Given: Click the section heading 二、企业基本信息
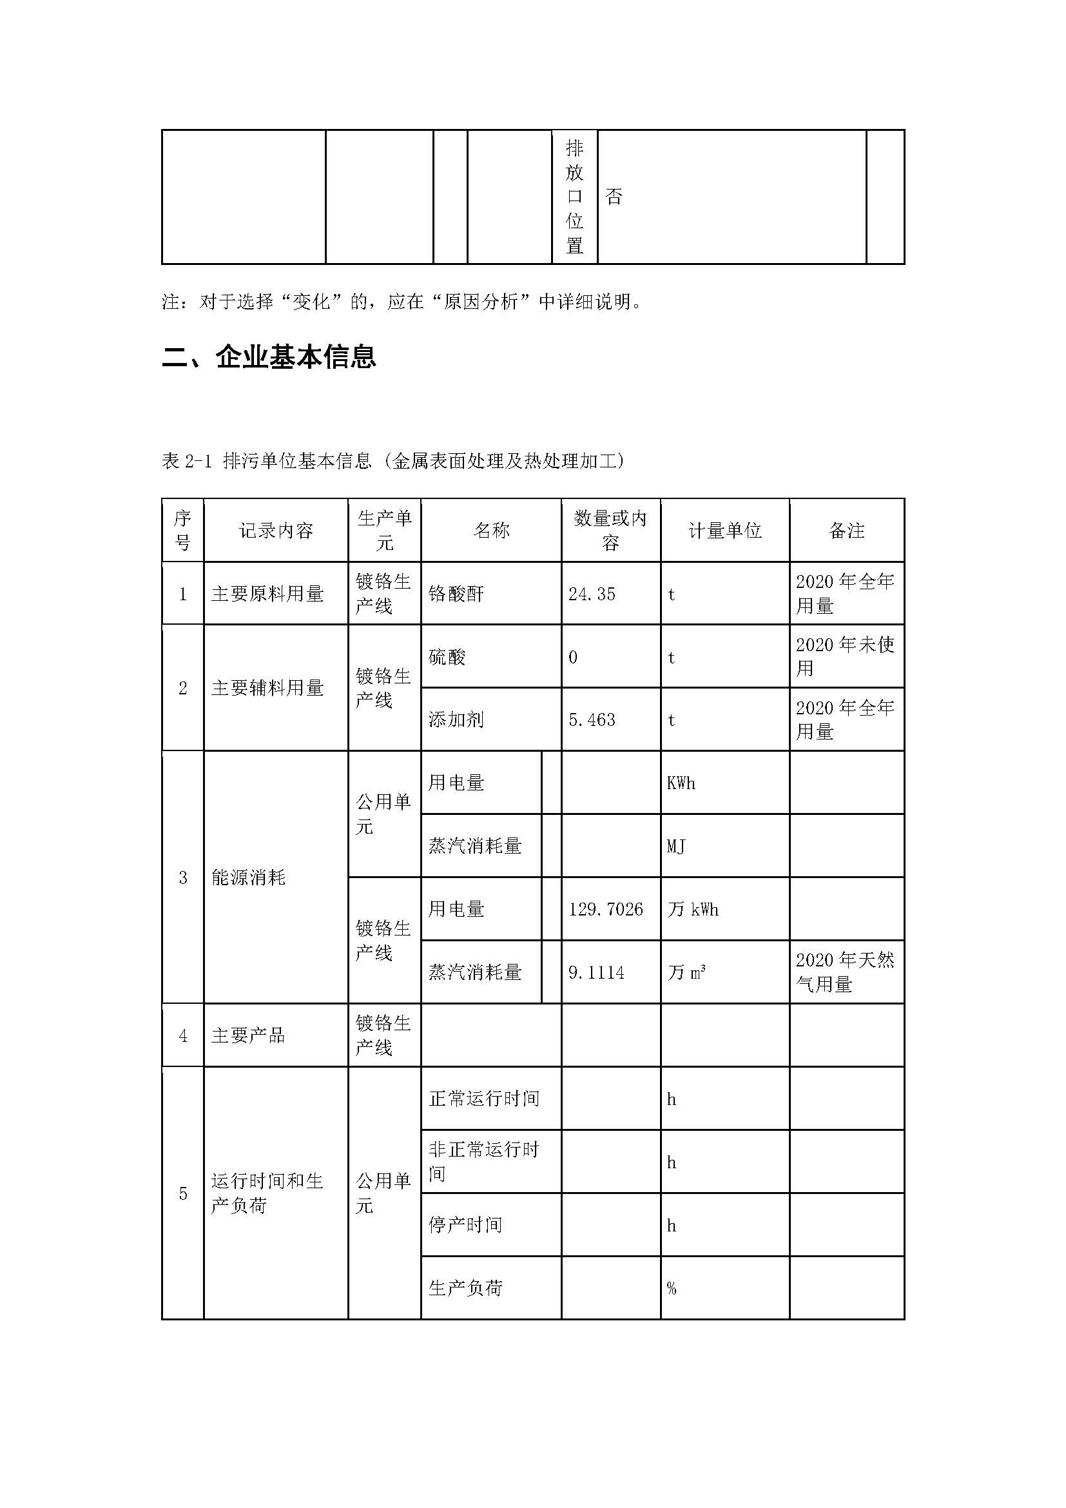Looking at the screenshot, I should [269, 357].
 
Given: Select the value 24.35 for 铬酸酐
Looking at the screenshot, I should [592, 594].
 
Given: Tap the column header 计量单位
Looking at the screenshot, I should [724, 531].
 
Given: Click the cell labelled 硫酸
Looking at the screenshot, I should [447, 657].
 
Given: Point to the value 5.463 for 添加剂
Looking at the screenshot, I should [592, 720].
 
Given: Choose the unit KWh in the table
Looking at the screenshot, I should [681, 783].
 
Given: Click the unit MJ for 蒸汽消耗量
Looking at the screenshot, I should [676, 846].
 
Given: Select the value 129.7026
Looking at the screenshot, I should [605, 910].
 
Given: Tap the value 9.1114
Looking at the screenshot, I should [596, 973].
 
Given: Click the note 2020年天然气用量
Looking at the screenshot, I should [845, 973].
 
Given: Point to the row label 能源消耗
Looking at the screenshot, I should [248, 877].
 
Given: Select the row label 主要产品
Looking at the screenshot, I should [248, 1036].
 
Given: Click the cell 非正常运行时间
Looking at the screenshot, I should [484, 1162].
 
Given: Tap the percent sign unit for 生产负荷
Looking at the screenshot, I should [672, 1289].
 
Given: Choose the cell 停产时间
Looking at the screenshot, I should [465, 1225].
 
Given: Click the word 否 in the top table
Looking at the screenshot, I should [614, 197].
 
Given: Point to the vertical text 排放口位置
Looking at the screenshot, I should [574, 197].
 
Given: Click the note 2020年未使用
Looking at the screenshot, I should [845, 657].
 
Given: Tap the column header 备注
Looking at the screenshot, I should [847, 531].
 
